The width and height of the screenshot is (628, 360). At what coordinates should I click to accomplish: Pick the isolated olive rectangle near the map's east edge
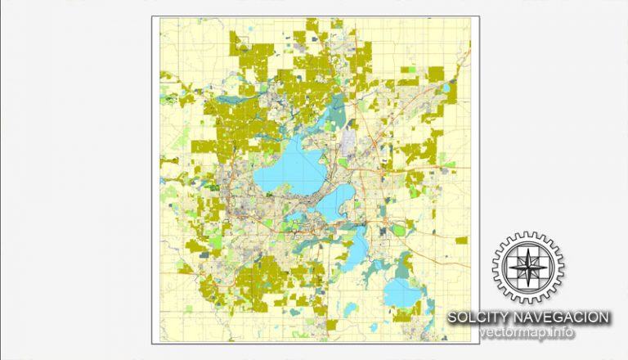[x=461, y=241]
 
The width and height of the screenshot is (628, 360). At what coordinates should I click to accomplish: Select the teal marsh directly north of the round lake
[x=402, y=263]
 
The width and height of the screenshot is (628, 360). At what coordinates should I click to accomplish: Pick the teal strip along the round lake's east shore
[x=424, y=286]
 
